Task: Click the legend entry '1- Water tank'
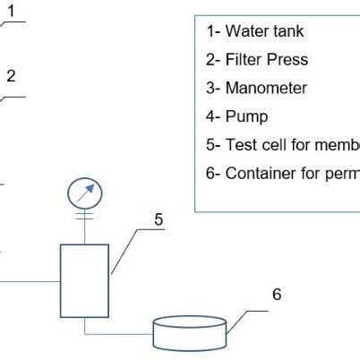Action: click(255, 31)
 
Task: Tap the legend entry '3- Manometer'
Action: click(256, 88)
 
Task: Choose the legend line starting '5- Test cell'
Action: click(282, 145)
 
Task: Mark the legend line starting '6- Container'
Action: click(282, 173)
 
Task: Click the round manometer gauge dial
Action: click(85, 193)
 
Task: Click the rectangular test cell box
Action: click(84, 279)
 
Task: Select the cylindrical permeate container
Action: click(189, 332)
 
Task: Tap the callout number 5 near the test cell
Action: click(158, 218)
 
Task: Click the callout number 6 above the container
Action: click(277, 294)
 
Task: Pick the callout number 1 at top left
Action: click(12, 11)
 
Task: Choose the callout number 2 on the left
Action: click(11, 76)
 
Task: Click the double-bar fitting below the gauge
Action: click(85, 218)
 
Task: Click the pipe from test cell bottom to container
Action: click(116, 335)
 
